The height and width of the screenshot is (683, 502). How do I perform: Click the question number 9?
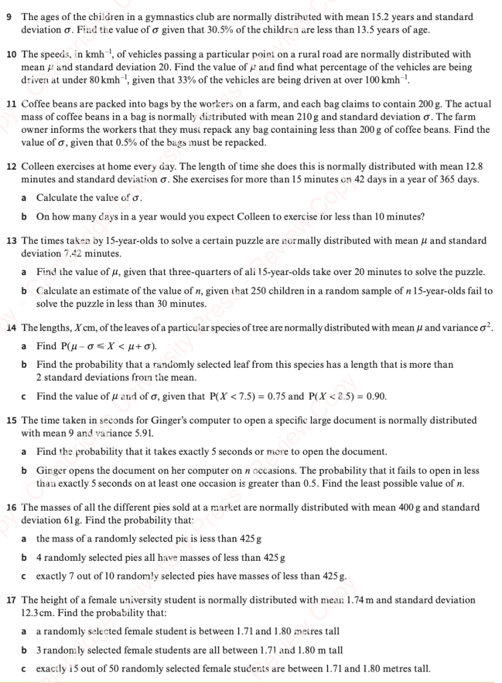(x=8, y=17)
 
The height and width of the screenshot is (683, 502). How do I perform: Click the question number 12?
(x=11, y=167)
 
